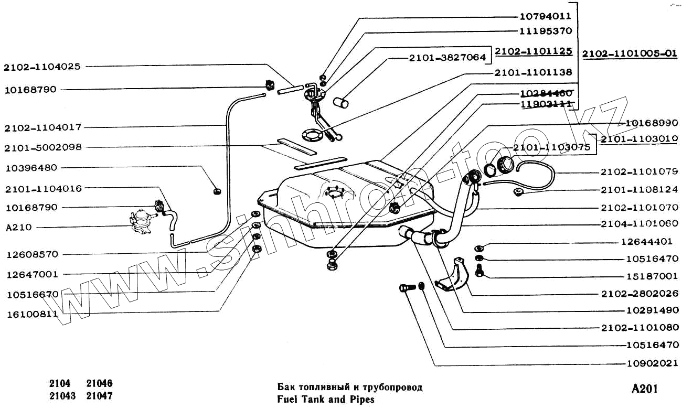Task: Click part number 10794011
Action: (546, 16)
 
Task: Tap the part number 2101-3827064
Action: (447, 58)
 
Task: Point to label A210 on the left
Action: (19, 228)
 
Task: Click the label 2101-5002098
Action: (43, 148)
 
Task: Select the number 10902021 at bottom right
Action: (653, 363)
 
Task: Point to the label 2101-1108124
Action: (640, 189)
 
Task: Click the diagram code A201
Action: (644, 389)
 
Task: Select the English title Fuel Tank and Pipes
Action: (326, 400)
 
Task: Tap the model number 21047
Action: (100, 396)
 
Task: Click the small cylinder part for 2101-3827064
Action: (342, 102)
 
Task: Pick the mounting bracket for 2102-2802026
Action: (452, 276)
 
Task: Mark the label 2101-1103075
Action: (552, 148)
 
